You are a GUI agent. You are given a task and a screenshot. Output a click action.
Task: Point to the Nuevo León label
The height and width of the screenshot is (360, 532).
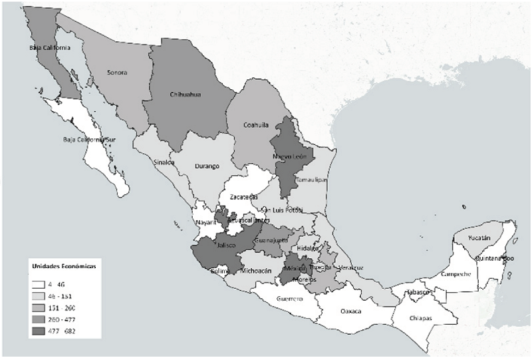[289, 156]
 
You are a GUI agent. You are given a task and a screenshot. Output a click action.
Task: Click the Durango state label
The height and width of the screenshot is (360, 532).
[207, 166]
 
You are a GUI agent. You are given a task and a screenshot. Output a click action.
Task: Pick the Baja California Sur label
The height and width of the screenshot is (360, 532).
[90, 140]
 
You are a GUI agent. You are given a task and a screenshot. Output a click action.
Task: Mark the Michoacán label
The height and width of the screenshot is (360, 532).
[256, 271]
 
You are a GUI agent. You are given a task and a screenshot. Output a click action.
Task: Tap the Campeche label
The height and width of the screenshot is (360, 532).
[457, 274]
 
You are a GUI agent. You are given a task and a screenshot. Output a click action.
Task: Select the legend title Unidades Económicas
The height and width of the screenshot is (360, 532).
[64, 266]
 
